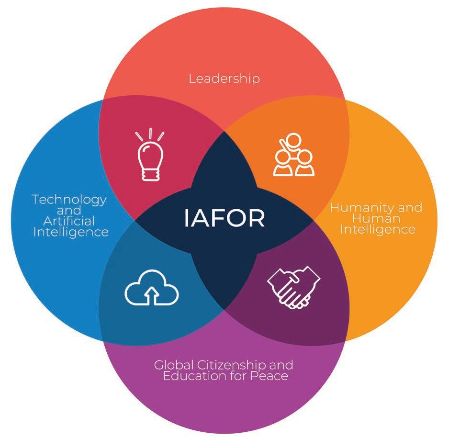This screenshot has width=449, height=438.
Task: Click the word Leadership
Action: pos(224,79)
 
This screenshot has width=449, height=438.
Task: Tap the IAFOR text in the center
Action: pos(224,218)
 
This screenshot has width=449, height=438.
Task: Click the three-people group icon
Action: pos(293,155)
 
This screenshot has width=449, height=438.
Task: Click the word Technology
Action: pos(69,199)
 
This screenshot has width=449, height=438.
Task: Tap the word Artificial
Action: pos(69,221)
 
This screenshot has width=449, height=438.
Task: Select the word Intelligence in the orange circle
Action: pos(377,229)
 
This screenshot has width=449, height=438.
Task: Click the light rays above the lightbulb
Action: pos(150,134)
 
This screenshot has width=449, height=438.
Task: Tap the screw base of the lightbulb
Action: pos(150,174)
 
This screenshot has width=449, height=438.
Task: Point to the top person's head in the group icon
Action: pos(293,140)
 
